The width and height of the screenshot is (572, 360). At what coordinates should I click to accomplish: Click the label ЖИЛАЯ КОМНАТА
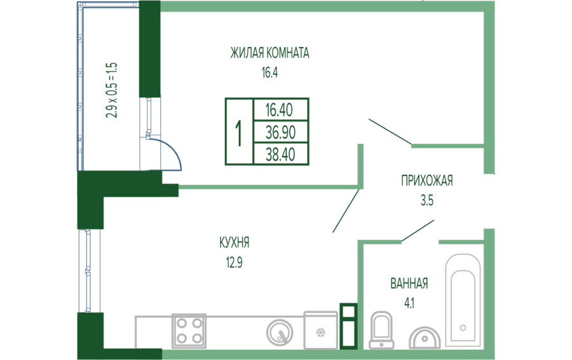(269, 53)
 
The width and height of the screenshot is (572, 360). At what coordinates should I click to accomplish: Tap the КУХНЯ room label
(234, 242)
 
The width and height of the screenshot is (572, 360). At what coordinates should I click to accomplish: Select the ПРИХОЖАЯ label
(426, 181)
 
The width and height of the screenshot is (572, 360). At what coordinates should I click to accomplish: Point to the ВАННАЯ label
(409, 284)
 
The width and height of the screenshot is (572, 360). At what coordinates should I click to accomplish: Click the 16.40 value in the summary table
(279, 110)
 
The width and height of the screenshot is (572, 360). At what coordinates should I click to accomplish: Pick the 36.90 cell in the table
(279, 132)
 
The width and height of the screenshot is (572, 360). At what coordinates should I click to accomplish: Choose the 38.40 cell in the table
(279, 154)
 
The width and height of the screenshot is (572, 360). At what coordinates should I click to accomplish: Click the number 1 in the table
(239, 133)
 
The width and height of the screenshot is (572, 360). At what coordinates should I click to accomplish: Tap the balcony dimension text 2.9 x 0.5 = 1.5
(112, 90)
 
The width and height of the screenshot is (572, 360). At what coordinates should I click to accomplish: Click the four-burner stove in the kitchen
(189, 331)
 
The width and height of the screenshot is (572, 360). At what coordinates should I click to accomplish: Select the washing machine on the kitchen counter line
(320, 329)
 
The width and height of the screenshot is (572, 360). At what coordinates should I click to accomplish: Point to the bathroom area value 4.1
(409, 303)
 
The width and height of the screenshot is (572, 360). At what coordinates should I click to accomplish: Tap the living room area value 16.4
(269, 72)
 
